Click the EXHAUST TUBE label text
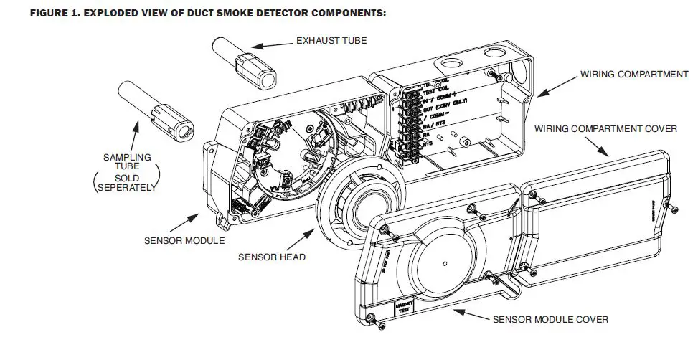(331, 41)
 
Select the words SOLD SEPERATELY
(126, 183)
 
